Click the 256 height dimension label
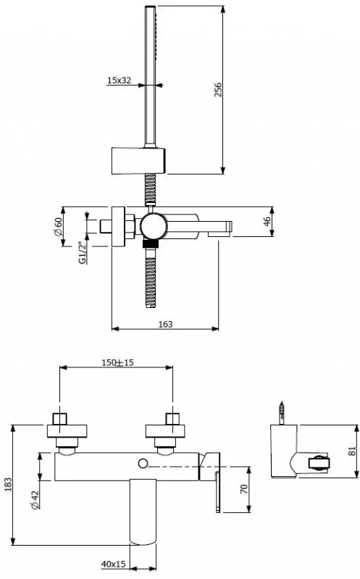[218, 90]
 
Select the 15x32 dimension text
[119, 80]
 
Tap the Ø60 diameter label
[58, 227]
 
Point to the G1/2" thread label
[83, 253]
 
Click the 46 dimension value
[267, 221]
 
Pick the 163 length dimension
[165, 324]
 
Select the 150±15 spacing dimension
[117, 362]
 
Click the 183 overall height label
[8, 485]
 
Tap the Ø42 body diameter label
[35, 500]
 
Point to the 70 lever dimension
[243, 489]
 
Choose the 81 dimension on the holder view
[351, 451]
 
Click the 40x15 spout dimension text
[113, 565]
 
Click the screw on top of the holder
[282, 413]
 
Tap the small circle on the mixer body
[143, 463]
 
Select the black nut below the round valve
[150, 243]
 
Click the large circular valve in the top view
[154, 226]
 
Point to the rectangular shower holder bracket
[138, 161]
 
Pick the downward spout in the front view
[143, 512]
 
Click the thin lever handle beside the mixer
[218, 492]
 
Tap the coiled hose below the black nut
[150, 278]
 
